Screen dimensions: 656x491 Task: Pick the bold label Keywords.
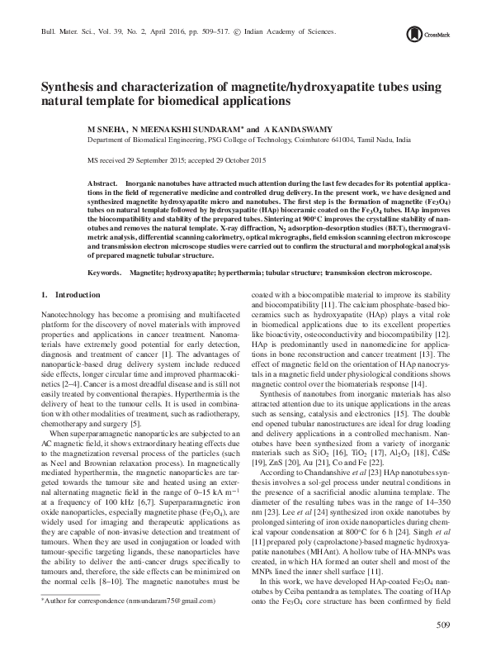point(105,271)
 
